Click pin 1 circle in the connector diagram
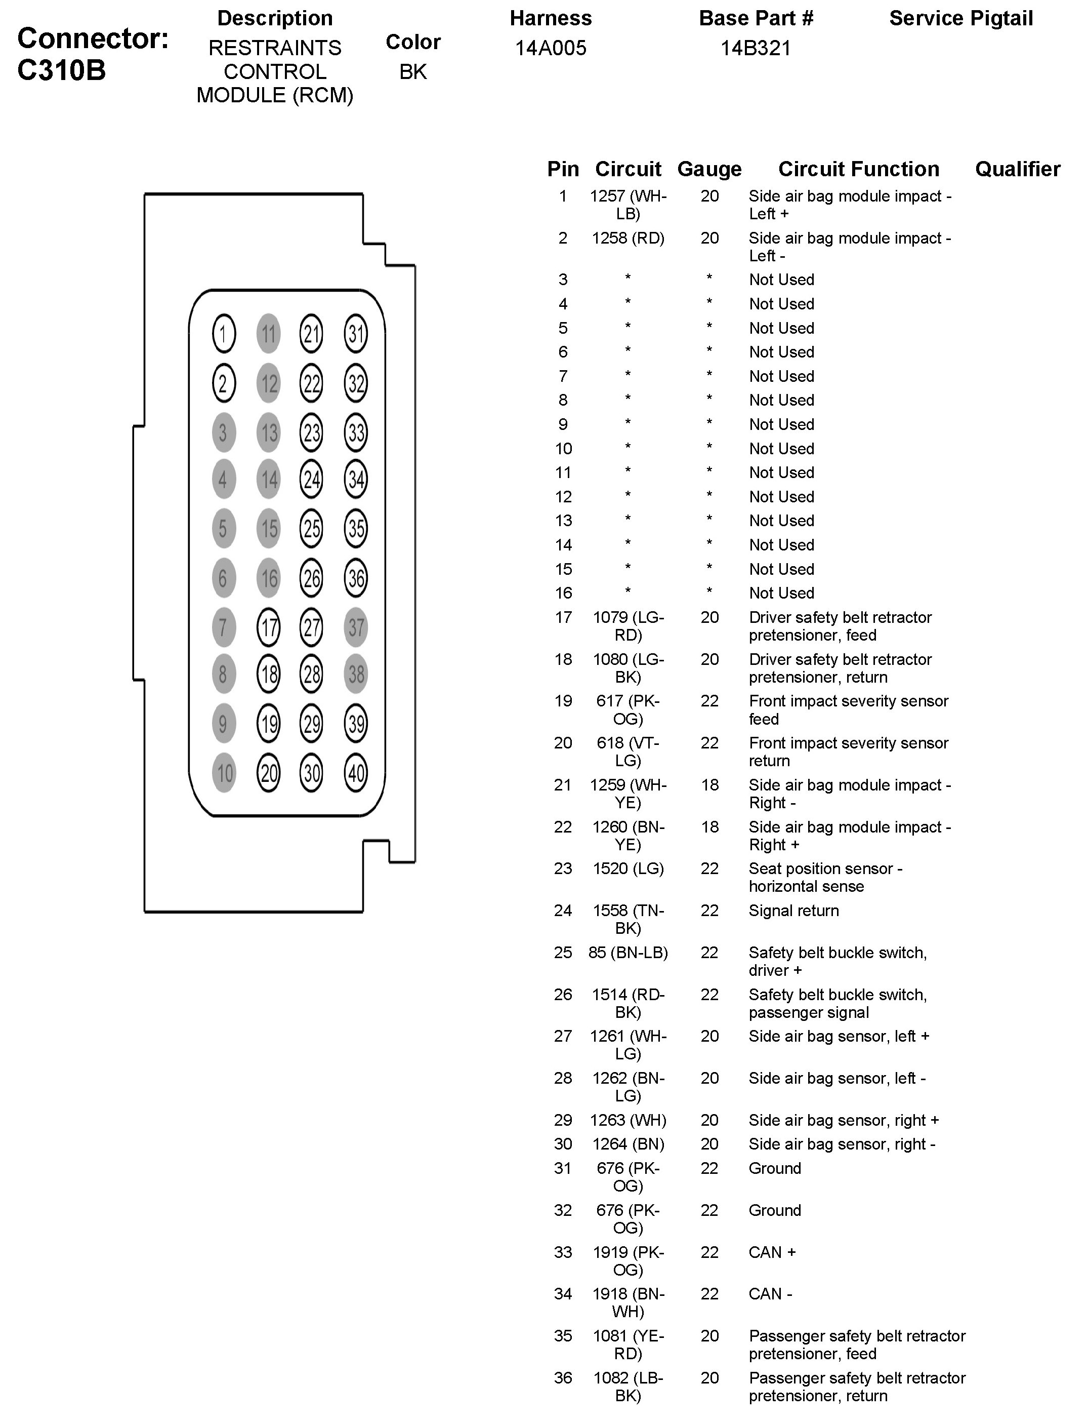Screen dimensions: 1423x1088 224,334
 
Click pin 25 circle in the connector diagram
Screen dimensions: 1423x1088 312,529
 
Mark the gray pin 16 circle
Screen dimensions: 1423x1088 269,578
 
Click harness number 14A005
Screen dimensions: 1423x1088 551,49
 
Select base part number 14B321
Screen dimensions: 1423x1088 756,49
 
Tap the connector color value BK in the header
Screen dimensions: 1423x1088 413,72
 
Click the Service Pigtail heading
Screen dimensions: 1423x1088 961,19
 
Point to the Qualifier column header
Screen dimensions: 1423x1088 1018,169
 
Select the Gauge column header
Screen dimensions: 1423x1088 709,169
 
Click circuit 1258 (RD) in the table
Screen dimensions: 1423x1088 627,239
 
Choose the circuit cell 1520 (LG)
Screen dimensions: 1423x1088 628,868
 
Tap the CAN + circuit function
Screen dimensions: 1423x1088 772,1252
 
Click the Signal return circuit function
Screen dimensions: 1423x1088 793,911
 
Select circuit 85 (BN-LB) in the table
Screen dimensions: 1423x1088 627,953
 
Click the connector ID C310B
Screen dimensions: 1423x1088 62,70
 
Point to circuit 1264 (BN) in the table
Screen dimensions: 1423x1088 628,1143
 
